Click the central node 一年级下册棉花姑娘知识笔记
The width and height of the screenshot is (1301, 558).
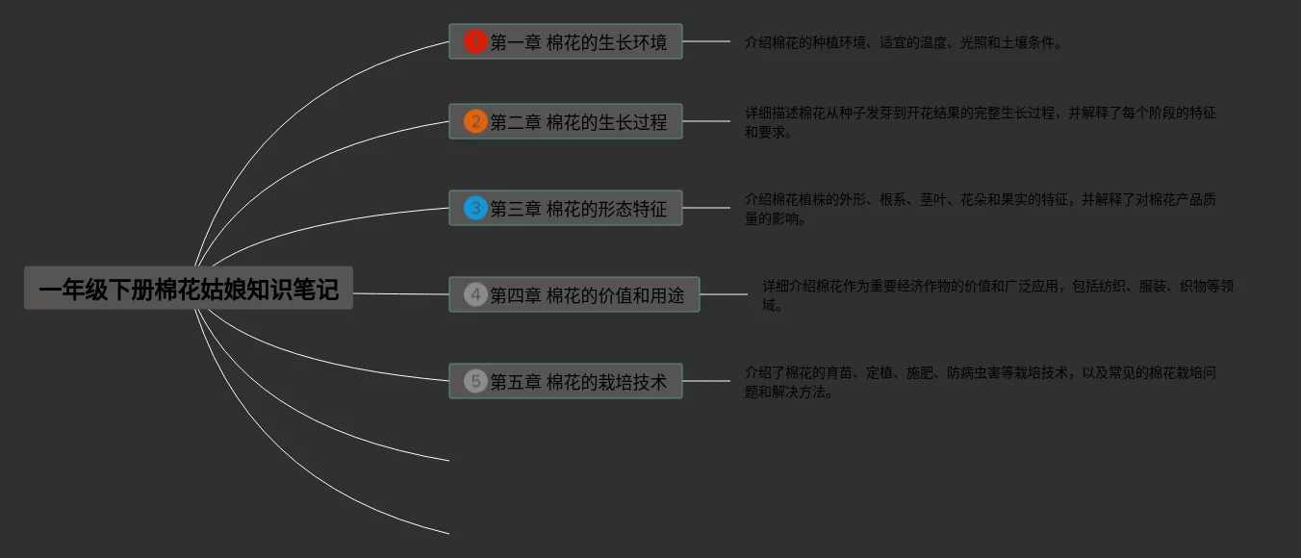pos(189,289)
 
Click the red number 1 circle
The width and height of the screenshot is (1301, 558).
pos(475,41)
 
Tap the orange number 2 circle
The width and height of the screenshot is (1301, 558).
pos(475,121)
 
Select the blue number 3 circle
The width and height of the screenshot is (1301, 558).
pos(475,208)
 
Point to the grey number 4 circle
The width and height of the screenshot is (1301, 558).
pos(475,294)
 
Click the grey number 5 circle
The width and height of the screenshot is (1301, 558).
pos(475,381)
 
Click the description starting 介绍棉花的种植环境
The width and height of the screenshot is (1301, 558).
pos(903,42)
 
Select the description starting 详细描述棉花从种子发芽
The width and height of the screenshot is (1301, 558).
pos(980,122)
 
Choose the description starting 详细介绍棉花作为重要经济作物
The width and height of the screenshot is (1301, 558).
pos(997,295)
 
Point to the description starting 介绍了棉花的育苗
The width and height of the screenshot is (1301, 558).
pos(980,382)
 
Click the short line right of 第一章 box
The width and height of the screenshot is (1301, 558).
pos(706,41)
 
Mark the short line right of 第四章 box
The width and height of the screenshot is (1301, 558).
pos(724,294)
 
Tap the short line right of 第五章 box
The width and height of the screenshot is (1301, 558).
pos(706,381)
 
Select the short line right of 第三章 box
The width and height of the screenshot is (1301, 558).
pos(706,208)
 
